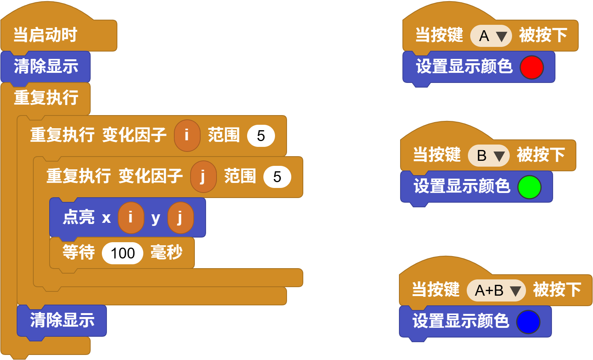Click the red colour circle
click(x=531, y=67)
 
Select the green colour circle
click(x=529, y=187)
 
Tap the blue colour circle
click(x=528, y=322)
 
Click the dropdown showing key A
click(x=491, y=36)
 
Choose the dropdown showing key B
click(x=489, y=155)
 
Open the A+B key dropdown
click(x=497, y=290)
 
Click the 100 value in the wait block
click(x=122, y=253)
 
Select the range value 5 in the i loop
click(x=261, y=136)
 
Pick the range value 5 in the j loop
click(x=277, y=177)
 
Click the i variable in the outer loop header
click(x=187, y=135)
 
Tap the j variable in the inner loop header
click(x=203, y=176)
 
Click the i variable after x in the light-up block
click(x=131, y=217)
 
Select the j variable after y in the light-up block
click(x=180, y=217)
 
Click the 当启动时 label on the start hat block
click(x=45, y=35)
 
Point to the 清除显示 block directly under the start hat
click(x=46, y=67)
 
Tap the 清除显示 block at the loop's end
click(x=62, y=320)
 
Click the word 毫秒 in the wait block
click(x=167, y=252)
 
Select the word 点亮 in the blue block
click(x=79, y=217)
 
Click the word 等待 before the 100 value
click(x=79, y=252)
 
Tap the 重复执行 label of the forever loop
click(x=46, y=98)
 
